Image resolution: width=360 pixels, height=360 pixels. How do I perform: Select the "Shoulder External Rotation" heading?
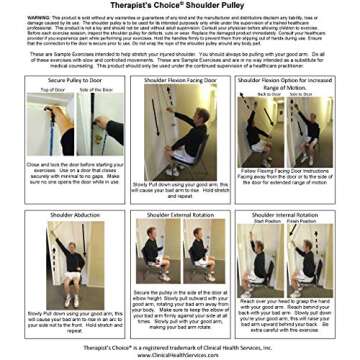(x=179, y=215)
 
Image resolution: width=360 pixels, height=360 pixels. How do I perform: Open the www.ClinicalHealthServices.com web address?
(x=180, y=354)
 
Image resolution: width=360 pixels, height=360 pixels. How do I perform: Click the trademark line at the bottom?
(x=180, y=347)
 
